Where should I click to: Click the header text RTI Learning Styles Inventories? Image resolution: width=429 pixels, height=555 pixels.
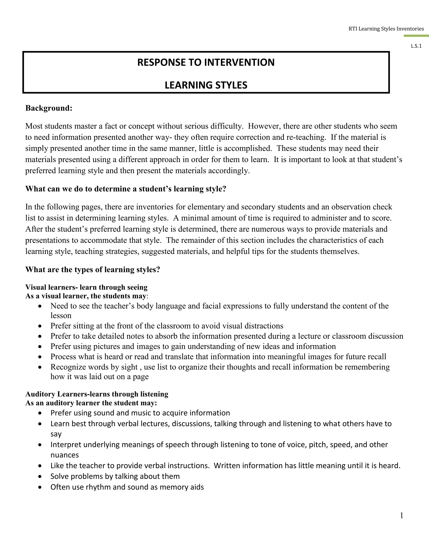tap(386, 29)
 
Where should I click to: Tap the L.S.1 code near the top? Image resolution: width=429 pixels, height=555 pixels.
tap(416, 46)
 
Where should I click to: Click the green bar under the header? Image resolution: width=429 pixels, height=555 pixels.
tap(416, 36)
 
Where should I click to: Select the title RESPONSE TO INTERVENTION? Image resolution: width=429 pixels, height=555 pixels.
tap(206, 62)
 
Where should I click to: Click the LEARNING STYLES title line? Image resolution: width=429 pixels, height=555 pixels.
tap(206, 85)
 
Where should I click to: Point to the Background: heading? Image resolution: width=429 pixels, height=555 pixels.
tap(49, 108)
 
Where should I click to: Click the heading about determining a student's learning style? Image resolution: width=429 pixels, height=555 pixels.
tap(125, 189)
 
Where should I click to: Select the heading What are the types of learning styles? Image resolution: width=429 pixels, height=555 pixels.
tap(93, 269)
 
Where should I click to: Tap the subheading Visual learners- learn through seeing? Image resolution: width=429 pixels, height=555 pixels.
tap(87, 287)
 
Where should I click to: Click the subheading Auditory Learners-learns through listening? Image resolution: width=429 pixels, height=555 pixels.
tap(97, 394)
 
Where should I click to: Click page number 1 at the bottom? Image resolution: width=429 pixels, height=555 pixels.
tap(402, 515)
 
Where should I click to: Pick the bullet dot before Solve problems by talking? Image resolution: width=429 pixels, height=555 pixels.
tap(40, 476)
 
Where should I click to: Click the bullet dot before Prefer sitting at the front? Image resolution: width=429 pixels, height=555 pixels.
tap(40, 326)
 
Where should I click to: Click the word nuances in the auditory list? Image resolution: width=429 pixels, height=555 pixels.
tap(65, 455)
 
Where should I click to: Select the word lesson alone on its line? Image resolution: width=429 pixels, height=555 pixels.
tap(61, 316)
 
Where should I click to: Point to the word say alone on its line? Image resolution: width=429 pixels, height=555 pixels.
tap(56, 434)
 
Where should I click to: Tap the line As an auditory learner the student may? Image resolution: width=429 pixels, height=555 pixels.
tap(91, 403)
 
